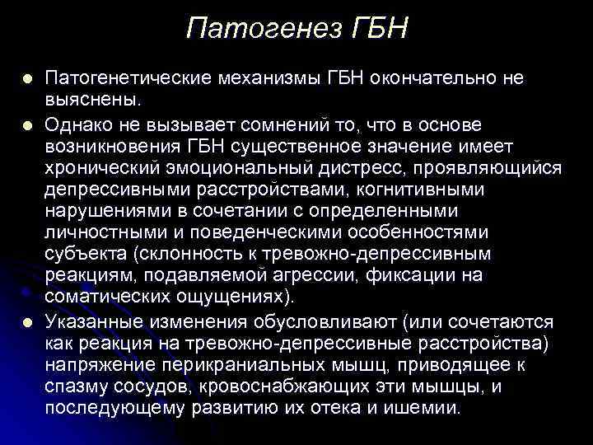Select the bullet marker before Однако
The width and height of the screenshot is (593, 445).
pyautogui.click(x=28, y=125)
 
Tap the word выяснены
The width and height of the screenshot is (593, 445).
pyautogui.click(x=92, y=101)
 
